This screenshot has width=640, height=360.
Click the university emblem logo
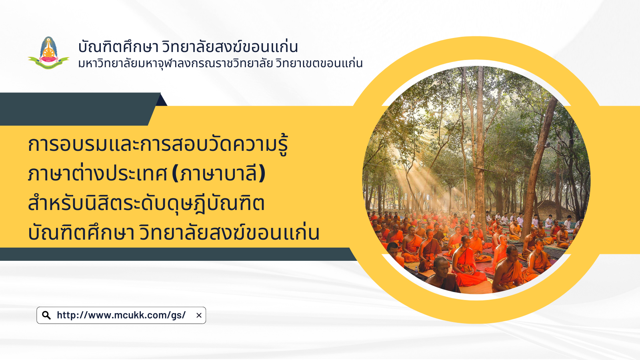point(48,53)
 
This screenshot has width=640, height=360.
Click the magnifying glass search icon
point(46,316)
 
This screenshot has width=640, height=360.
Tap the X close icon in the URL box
point(199,316)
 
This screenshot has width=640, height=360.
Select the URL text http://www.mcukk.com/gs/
point(121,315)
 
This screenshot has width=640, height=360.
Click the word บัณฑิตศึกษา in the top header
point(118,47)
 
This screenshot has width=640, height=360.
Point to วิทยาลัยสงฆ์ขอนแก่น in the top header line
point(230,47)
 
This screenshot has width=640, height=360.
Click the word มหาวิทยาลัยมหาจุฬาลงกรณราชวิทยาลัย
point(175,64)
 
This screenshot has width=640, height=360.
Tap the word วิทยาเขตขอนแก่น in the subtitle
point(319,64)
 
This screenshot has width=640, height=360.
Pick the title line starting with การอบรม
point(158,145)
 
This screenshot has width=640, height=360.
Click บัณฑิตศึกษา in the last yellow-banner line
point(82,232)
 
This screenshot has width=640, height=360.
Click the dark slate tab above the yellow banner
point(80,109)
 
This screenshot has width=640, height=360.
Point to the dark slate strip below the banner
point(177,254)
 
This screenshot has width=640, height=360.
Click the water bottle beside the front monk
point(416,270)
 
